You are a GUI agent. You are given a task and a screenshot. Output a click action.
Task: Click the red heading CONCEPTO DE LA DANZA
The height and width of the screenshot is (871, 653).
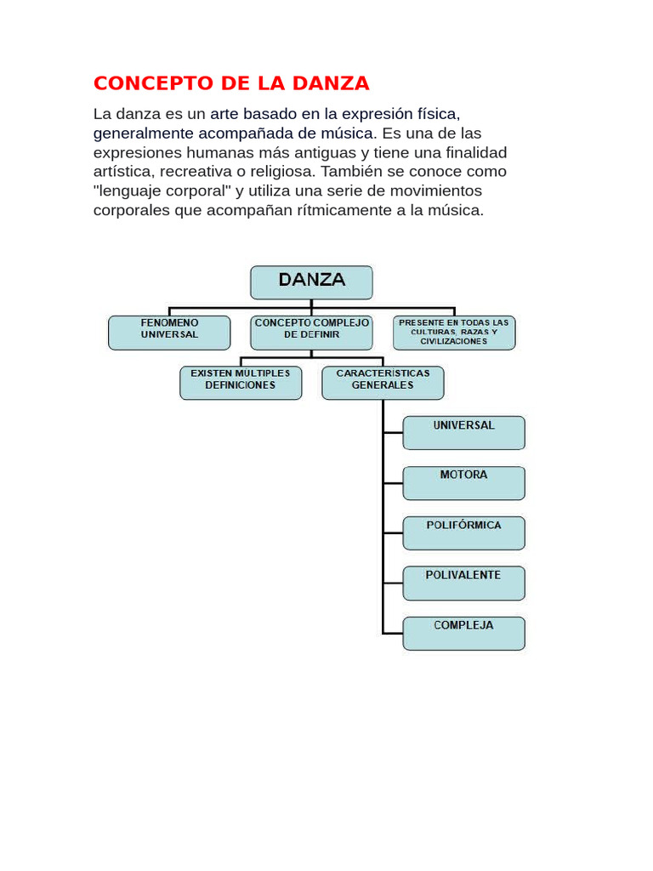[231, 83]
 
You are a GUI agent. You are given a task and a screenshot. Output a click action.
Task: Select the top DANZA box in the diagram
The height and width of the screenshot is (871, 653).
[311, 282]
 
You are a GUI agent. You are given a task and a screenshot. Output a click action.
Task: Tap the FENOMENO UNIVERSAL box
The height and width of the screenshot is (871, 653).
[169, 333]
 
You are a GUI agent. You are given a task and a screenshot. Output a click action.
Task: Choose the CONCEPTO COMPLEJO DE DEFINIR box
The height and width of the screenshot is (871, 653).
[311, 333]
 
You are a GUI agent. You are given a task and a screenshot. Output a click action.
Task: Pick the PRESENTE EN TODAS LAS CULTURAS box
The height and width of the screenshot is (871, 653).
[454, 333]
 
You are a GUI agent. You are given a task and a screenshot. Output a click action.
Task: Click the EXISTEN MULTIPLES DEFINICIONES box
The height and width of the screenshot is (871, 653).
[241, 383]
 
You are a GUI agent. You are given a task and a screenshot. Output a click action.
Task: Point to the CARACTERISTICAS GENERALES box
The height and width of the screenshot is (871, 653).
[383, 383]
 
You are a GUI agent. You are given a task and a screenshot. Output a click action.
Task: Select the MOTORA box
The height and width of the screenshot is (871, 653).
[463, 482]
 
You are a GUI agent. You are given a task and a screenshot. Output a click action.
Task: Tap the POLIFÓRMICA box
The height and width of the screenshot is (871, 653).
[463, 532]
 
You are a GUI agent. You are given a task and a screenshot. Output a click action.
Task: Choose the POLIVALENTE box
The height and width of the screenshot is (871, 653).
[463, 583]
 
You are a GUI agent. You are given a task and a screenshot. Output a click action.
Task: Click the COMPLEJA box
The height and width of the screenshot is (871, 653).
[463, 633]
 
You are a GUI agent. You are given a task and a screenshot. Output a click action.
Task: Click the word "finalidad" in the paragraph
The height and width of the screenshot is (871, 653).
[474, 152]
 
